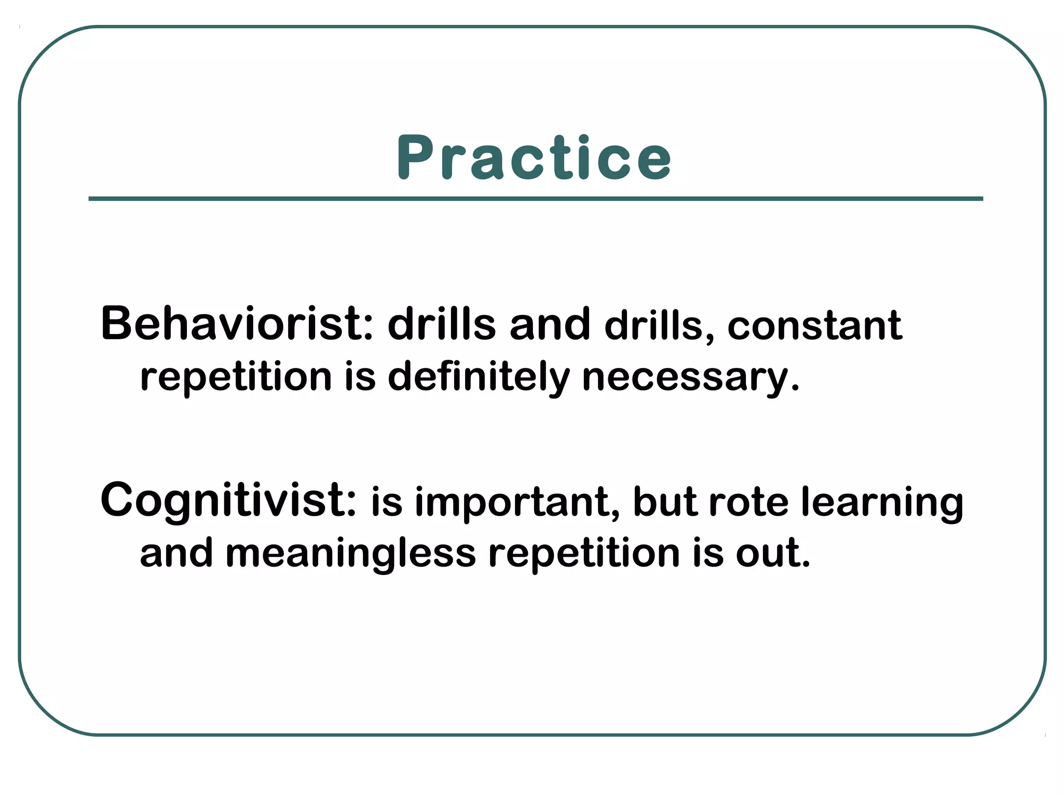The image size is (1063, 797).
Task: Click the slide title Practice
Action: (534, 158)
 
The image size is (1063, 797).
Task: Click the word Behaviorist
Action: (236, 324)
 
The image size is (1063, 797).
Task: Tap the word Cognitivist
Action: (228, 500)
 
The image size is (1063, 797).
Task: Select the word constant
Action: (814, 326)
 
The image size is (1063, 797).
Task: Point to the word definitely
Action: (479, 377)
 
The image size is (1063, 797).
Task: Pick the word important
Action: (512, 502)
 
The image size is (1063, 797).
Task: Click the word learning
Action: (882, 502)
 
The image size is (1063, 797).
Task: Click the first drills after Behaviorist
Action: (442, 325)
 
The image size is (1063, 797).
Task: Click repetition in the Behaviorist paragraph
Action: (236, 378)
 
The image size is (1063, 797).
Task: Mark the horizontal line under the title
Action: (536, 199)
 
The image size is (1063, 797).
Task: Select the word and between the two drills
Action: (550, 325)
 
